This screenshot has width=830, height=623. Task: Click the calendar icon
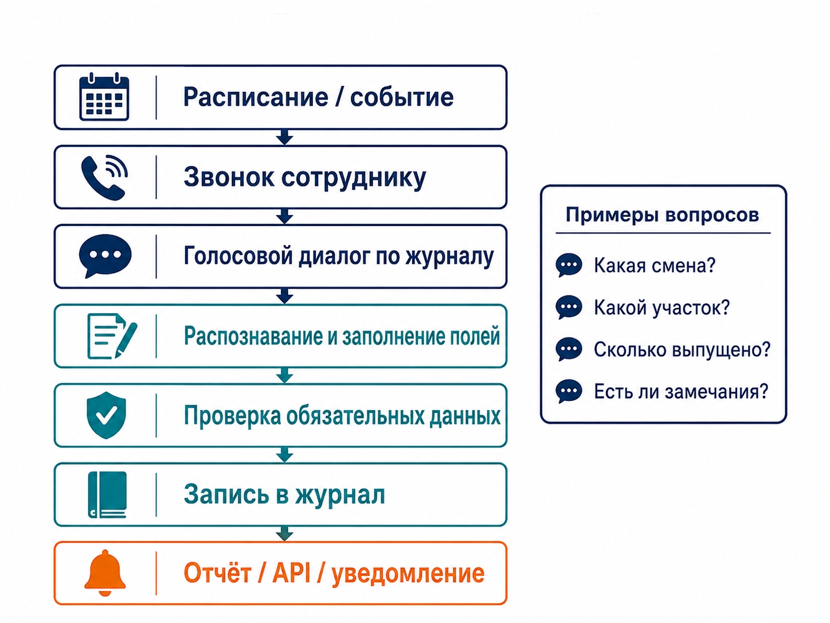coord(104,97)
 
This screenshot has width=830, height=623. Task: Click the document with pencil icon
coord(112,336)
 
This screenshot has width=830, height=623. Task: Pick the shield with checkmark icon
coord(106,415)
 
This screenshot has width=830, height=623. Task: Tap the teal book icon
coord(107,494)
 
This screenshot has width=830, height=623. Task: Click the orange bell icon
coord(105,573)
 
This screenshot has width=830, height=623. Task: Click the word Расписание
coord(256,98)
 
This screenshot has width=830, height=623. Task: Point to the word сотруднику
coord(354,178)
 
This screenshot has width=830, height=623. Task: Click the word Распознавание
coord(253,337)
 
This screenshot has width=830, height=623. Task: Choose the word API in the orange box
coord(292,573)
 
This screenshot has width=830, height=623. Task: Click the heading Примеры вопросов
coord(662,215)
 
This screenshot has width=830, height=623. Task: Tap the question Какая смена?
coord(655,266)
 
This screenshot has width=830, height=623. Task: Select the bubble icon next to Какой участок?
coord(569,307)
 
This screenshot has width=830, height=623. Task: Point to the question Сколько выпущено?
coord(682,349)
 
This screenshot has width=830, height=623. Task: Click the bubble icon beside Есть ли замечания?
coord(569,391)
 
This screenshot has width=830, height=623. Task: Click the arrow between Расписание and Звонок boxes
coord(284,137)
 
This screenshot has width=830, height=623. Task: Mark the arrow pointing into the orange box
coord(284,534)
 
